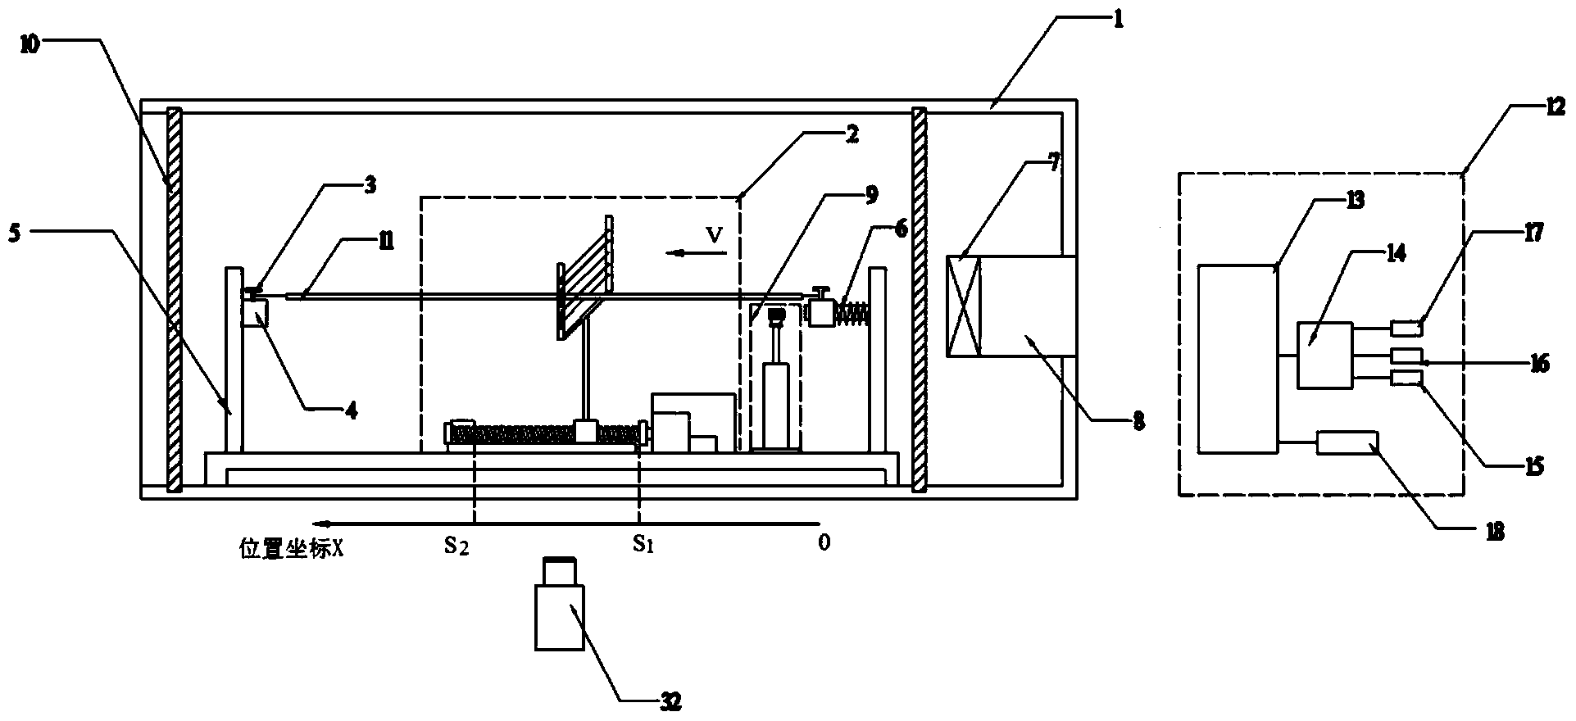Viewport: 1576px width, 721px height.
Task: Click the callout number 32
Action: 669,701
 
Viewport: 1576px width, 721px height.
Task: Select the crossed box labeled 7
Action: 965,307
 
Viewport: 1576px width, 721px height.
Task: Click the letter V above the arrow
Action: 715,236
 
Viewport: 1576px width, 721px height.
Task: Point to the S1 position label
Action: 643,544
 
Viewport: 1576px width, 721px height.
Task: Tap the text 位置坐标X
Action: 291,548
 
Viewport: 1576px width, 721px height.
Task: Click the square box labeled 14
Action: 1324,355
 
